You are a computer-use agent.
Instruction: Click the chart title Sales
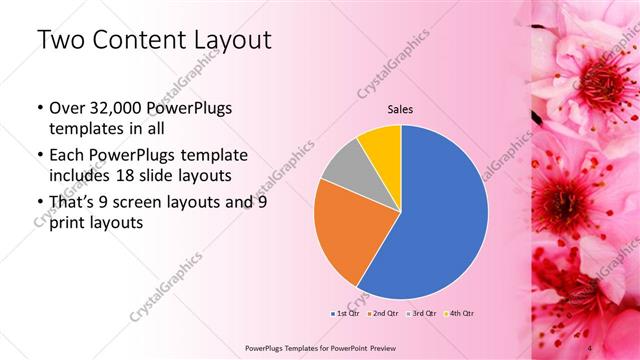[400, 109]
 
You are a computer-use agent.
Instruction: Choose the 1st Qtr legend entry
[344, 312]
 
